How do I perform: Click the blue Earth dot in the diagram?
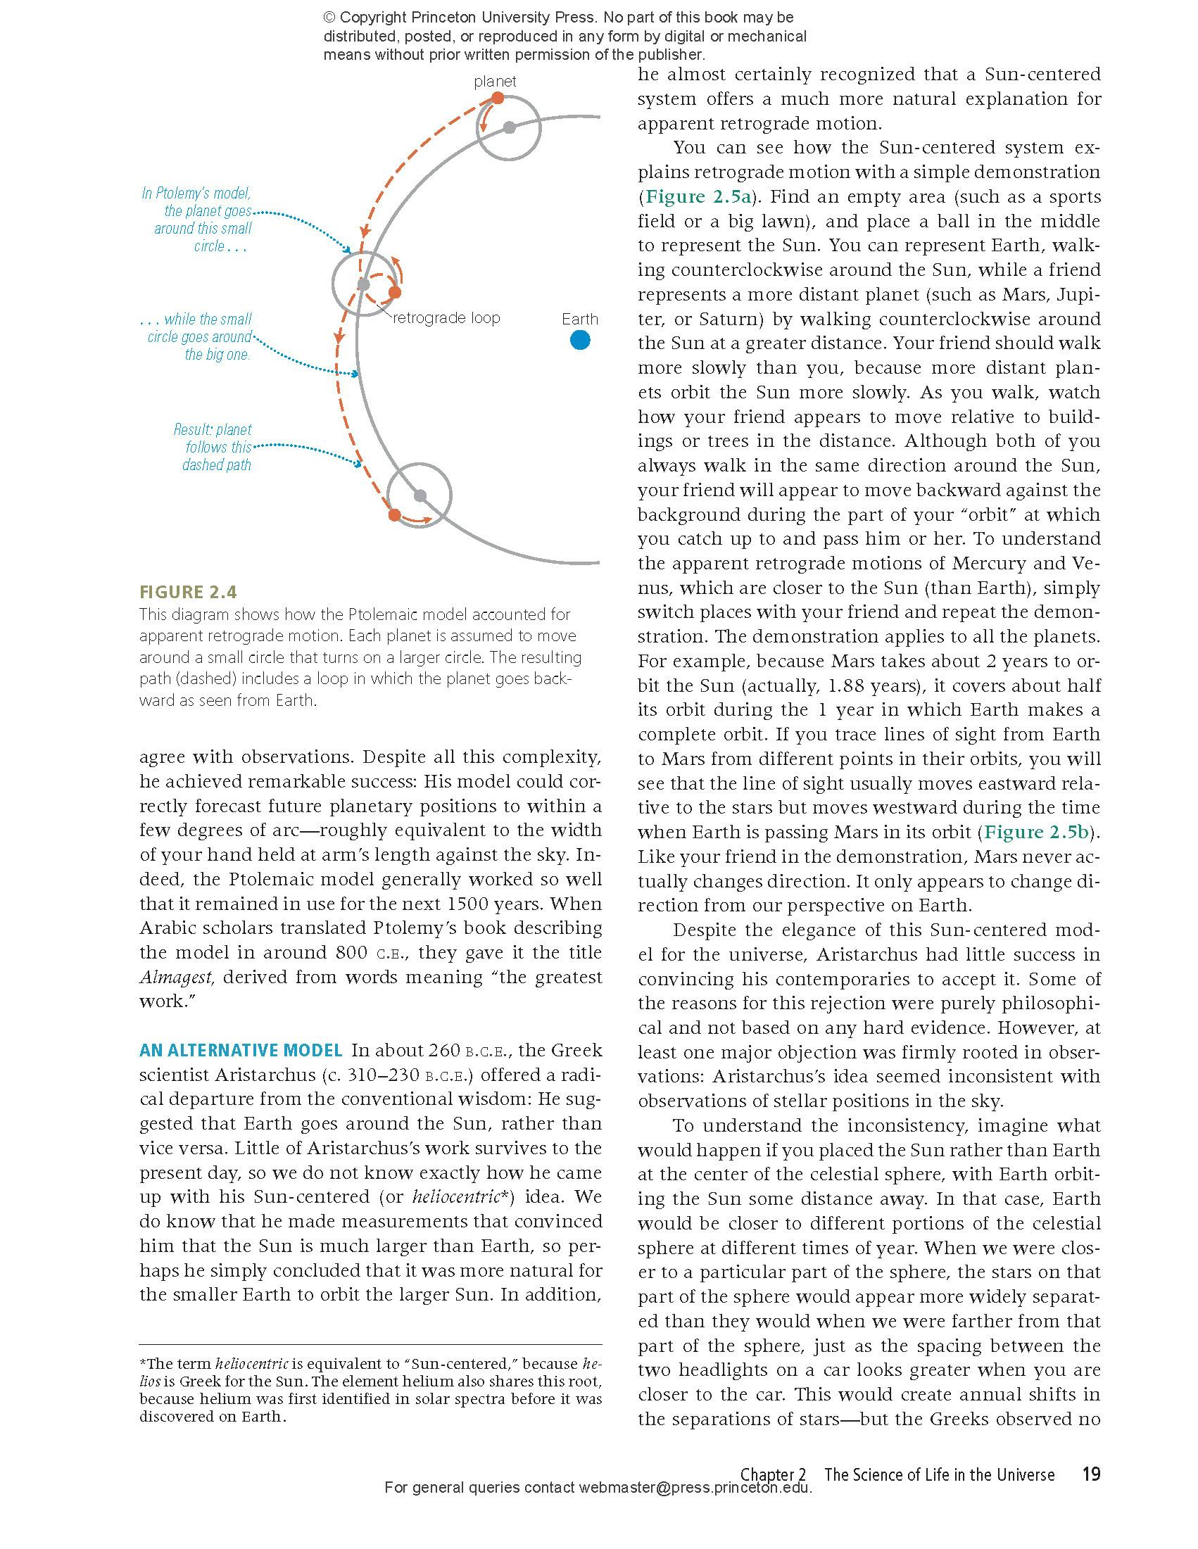coord(579,341)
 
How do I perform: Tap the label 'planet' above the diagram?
coord(494,82)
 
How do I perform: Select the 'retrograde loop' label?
coord(446,317)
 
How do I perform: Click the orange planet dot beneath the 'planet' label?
coord(498,99)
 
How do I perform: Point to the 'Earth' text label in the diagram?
coord(579,320)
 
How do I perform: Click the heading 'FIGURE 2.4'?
coord(188,591)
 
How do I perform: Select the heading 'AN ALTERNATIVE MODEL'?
coord(241,1050)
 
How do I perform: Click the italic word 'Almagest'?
coord(175,978)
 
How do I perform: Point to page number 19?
coord(1091,1474)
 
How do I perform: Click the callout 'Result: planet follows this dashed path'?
coord(213,447)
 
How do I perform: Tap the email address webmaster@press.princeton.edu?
coord(695,1488)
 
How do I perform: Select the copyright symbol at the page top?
coord(329,18)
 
